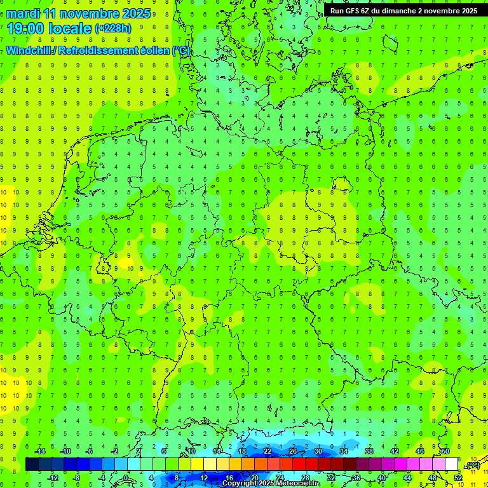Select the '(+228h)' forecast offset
112,29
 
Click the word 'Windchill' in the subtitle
27,51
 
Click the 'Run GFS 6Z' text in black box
351,11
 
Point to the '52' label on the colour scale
457,478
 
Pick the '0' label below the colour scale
126,478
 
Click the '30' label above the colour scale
318,451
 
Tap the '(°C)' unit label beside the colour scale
472,466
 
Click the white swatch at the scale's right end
451,464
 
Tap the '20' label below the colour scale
254,478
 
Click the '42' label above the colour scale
394,451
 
